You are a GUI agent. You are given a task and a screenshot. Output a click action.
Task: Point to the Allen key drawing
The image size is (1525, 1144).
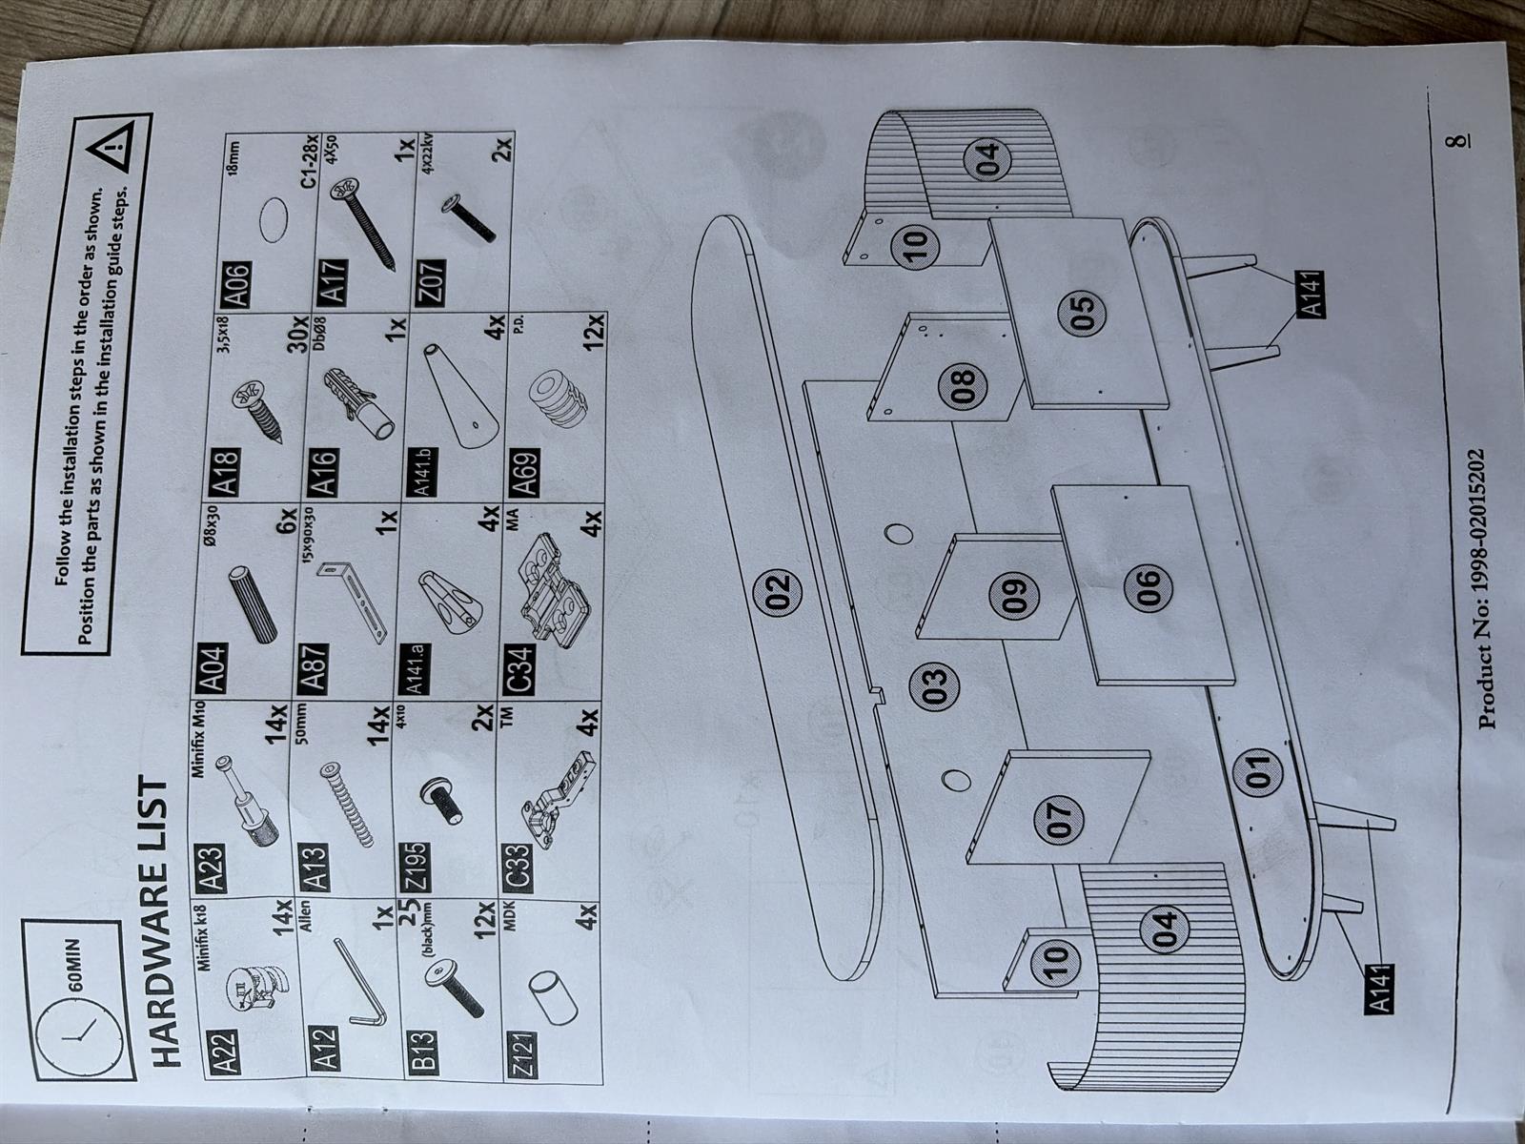point(357,979)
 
